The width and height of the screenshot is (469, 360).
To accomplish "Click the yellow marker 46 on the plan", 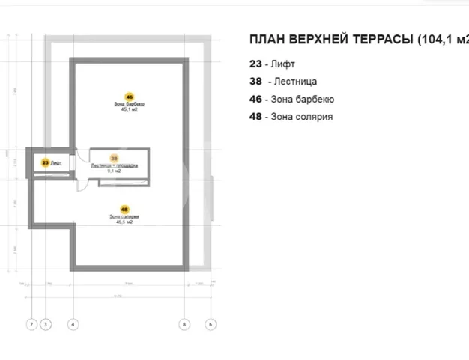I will pyautogui.click(x=130, y=97).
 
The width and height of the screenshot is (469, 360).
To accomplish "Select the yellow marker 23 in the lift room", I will pyautogui.click(x=46, y=162).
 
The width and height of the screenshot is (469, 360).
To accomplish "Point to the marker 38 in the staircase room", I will pyautogui.click(x=114, y=158).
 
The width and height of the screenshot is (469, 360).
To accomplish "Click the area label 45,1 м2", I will pyautogui.click(x=129, y=109).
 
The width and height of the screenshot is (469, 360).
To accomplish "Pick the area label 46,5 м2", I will pyautogui.click(x=124, y=222).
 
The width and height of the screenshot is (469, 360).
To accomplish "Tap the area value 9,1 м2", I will pyautogui.click(x=114, y=171).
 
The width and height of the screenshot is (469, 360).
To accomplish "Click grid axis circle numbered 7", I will pyautogui.click(x=31, y=324).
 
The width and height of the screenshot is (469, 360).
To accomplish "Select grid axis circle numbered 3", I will pyautogui.click(x=46, y=324).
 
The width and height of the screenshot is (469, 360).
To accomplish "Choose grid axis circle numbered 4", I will pyautogui.click(x=73, y=324).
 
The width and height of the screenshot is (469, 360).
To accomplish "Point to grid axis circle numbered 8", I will pyautogui.click(x=185, y=324).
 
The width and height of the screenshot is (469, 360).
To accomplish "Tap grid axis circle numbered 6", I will pyautogui.click(x=211, y=324).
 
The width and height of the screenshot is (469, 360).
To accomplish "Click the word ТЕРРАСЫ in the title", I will pyautogui.click(x=381, y=40).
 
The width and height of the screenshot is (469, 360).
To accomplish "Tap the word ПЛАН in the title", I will pyautogui.click(x=267, y=40).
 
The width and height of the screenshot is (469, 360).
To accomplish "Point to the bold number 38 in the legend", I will pyautogui.click(x=255, y=81).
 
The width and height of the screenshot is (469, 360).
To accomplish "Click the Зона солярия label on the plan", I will pyautogui.click(x=124, y=216).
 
